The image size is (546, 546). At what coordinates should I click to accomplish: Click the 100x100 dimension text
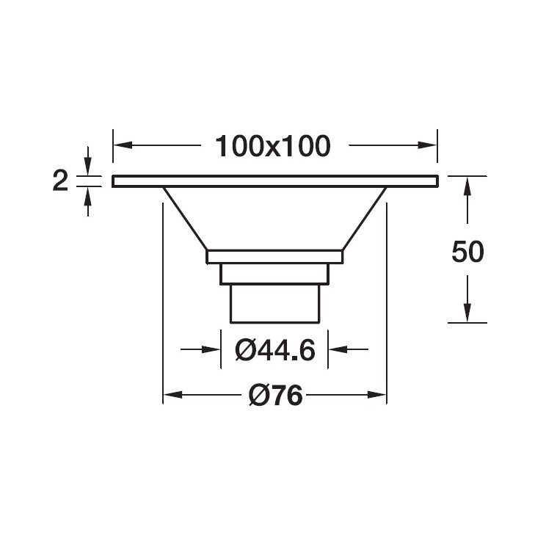(273, 146)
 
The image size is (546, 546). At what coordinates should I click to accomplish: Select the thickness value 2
(60, 181)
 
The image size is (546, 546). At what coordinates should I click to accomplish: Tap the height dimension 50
(467, 252)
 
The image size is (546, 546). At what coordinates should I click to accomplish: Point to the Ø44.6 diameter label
(275, 349)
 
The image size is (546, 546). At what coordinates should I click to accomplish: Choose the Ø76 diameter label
(275, 396)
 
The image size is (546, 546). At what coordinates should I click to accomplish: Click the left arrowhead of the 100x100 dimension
(123, 145)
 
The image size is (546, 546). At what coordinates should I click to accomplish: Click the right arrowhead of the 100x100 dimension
(427, 145)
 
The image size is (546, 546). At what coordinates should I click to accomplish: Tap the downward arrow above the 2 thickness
(88, 161)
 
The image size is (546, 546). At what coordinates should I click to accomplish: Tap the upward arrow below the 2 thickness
(88, 202)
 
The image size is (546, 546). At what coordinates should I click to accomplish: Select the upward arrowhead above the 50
(467, 186)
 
